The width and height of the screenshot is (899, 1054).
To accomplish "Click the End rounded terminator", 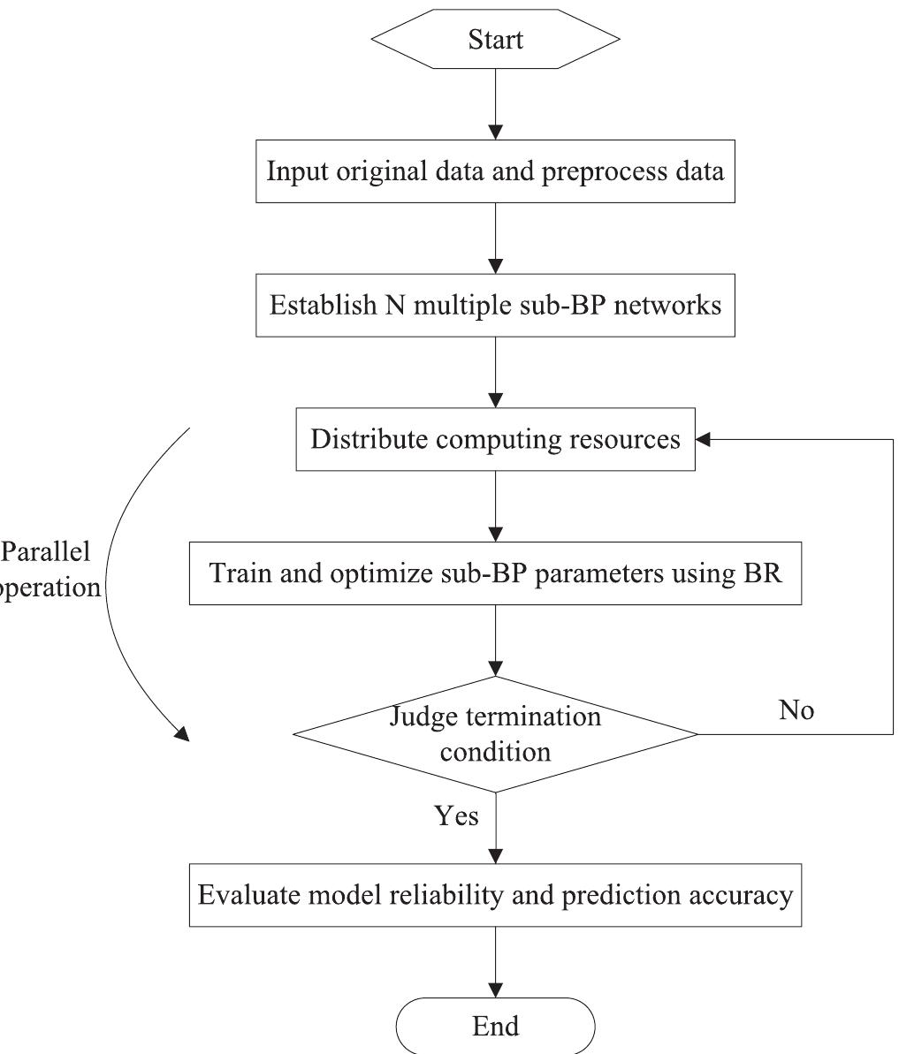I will click(x=495, y=1025).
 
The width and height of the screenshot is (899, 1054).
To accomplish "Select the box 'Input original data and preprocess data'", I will click(x=495, y=171).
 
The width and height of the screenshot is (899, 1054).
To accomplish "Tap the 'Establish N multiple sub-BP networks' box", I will click(x=495, y=307).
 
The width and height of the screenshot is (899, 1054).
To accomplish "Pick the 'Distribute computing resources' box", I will click(x=495, y=439).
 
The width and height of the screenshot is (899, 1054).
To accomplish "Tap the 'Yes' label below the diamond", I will click(x=457, y=815).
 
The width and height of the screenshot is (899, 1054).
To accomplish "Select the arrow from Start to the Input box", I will click(x=496, y=106).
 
